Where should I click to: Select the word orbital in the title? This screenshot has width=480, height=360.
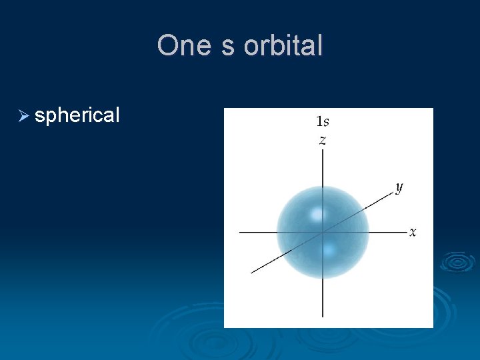[283, 46]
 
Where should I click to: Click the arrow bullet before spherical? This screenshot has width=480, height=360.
[24, 116]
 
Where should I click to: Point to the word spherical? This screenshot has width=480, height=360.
[77, 116]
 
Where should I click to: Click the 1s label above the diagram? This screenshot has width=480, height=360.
[322, 121]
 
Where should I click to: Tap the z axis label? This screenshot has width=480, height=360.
[323, 140]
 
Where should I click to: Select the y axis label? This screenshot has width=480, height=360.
[399, 187]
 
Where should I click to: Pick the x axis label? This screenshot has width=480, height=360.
[413, 232]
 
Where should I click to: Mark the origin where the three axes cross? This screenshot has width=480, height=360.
[323, 232]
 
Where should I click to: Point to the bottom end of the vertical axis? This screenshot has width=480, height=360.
[323, 316]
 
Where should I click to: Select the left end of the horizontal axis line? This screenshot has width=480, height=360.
[240, 232]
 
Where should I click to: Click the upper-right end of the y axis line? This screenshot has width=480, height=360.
[393, 192]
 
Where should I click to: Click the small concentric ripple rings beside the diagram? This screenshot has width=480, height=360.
[457, 261]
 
